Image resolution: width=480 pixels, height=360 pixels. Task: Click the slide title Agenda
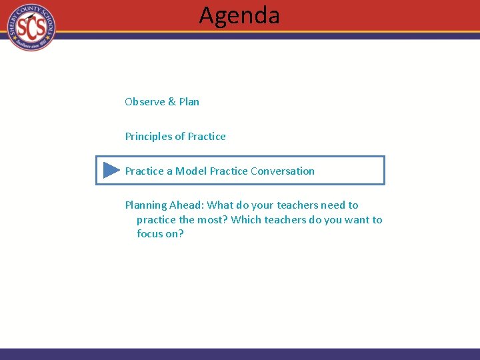pos(239,15)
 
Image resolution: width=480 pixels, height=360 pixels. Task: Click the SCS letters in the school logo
pos(31,27)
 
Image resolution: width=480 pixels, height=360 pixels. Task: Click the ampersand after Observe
pos(172,102)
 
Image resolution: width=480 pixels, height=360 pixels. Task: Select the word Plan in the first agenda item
pos(189,102)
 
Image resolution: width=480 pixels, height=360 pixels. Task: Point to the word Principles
pos(148,137)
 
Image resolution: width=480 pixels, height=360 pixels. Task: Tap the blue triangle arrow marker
pos(111,171)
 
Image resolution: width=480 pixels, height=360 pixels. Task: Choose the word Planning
pos(146,205)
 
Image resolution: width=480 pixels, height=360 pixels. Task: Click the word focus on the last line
pos(151,234)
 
